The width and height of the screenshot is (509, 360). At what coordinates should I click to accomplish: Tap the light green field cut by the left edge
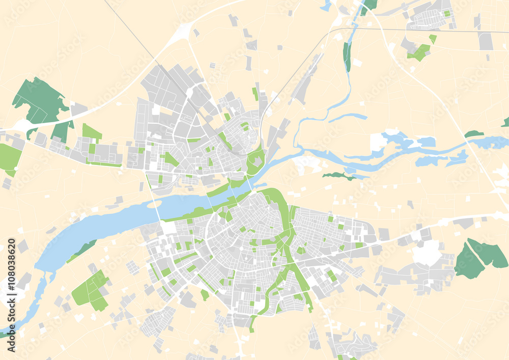tap(9, 157)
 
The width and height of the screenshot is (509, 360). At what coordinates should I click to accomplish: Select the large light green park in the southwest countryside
tap(91, 291)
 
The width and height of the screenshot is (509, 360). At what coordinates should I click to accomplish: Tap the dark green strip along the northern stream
tap(347, 57)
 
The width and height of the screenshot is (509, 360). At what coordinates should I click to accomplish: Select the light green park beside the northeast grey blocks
tap(419, 51)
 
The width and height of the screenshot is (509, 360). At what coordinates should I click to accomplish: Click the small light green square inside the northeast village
tap(447, 14)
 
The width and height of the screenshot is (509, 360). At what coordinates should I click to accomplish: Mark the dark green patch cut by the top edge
tap(370, 5)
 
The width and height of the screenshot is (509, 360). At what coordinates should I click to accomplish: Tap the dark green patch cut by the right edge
tap(505, 122)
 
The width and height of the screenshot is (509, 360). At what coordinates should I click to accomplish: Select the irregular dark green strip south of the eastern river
tap(339, 176)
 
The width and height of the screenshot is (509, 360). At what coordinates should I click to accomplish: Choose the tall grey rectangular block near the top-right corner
tap(486, 41)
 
